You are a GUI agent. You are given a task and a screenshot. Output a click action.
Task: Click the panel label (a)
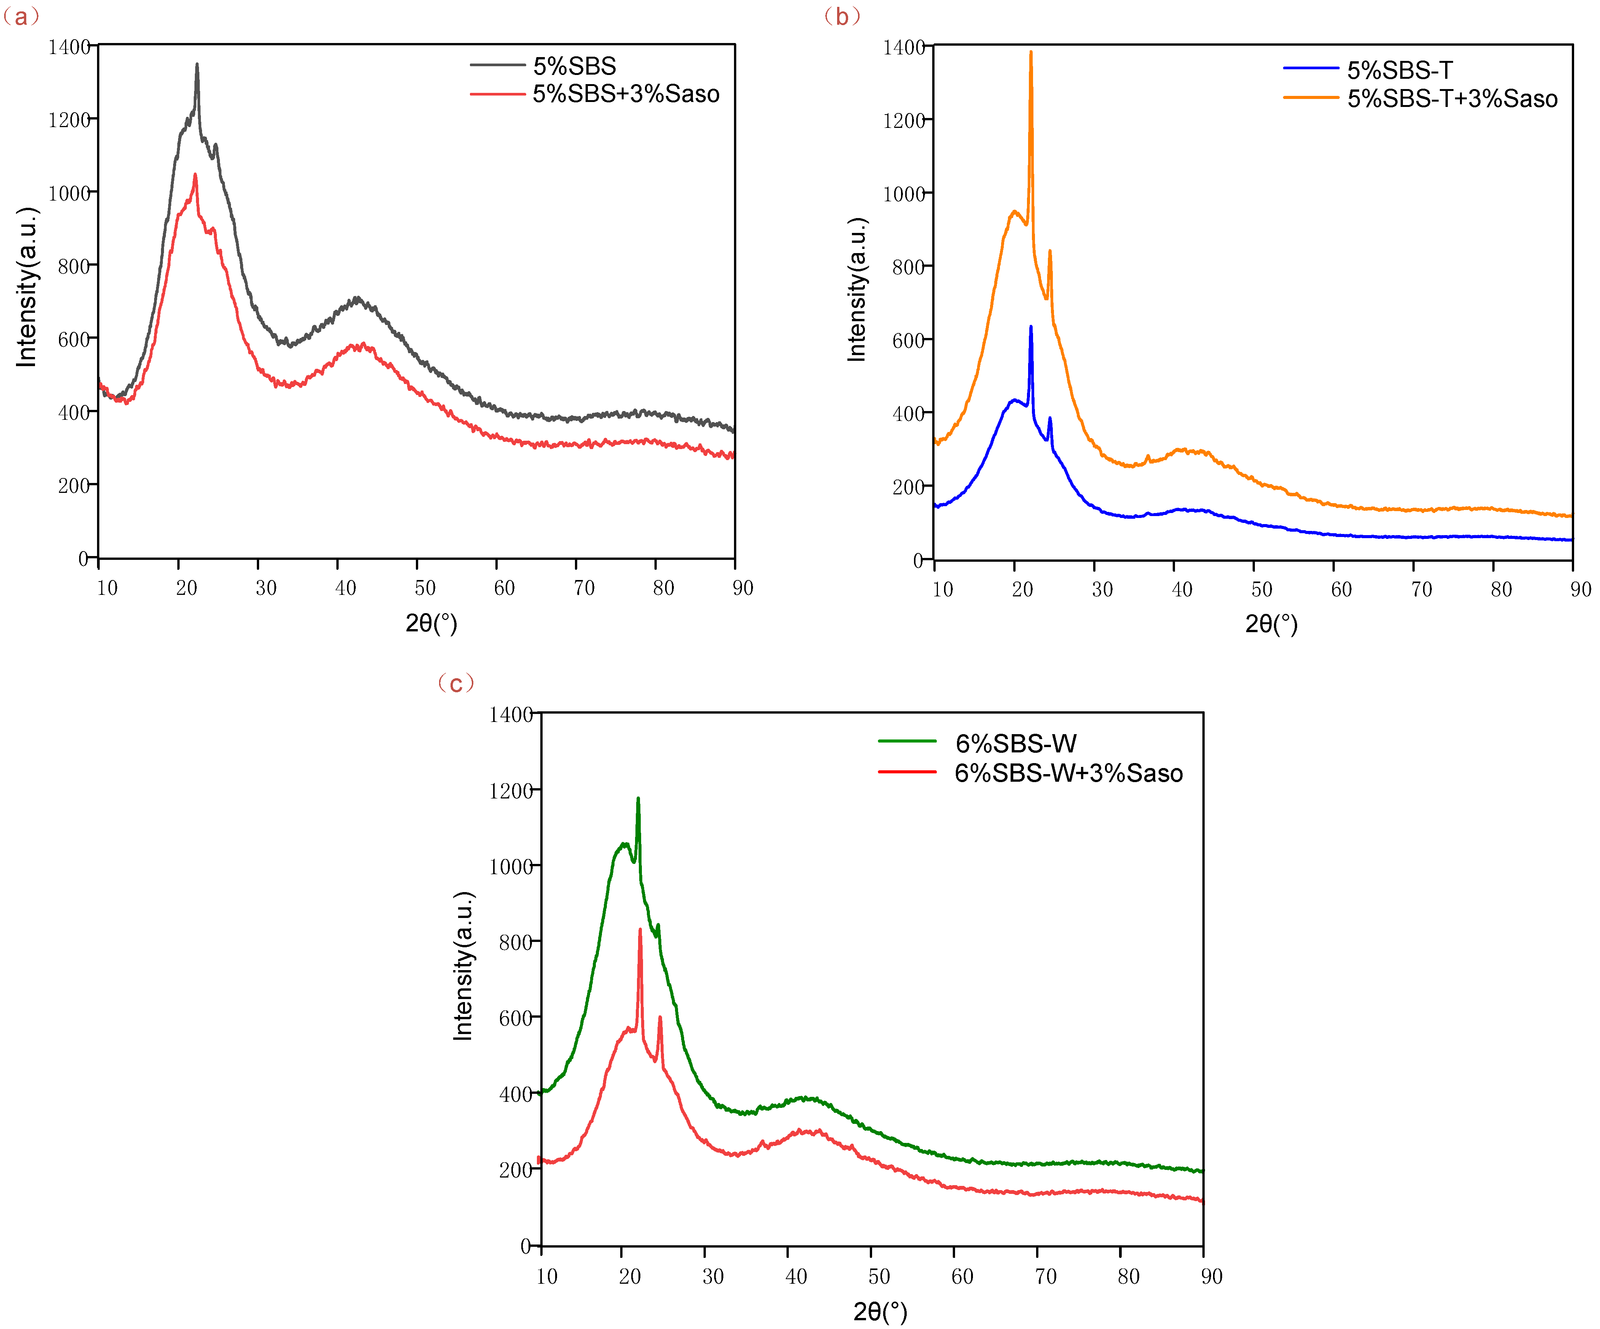[21, 16]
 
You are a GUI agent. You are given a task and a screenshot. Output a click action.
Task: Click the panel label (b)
[842, 16]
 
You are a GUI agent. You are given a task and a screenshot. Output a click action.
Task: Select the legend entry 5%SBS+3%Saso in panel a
[626, 94]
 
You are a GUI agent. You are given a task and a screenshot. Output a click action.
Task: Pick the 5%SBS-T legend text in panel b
[1399, 70]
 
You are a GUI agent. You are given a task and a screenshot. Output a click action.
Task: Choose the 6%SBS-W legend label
[1016, 743]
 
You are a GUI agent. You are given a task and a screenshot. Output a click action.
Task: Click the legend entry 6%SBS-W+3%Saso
[1068, 773]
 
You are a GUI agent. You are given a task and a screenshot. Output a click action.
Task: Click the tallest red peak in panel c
[640, 930]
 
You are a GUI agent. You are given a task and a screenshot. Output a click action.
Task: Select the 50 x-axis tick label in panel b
[1262, 589]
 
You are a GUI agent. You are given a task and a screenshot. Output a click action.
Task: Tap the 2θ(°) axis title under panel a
[431, 623]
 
